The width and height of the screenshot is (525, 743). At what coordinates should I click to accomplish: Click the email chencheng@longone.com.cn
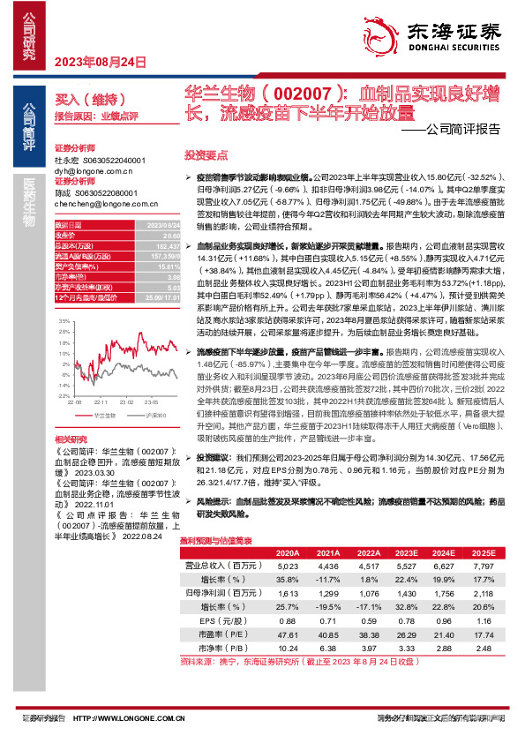point(92,203)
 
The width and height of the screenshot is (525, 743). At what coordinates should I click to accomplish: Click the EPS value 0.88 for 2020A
point(289,621)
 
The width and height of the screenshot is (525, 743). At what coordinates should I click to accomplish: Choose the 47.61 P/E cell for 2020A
point(289,634)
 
